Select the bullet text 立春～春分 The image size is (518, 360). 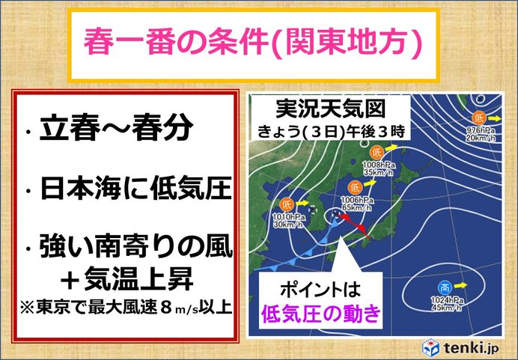pos(116,128)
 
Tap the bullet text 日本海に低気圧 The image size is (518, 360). pos(135,189)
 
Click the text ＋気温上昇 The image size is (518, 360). pos(127,278)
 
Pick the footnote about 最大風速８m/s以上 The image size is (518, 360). pos(126,307)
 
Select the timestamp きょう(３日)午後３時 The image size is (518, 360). pos(332,132)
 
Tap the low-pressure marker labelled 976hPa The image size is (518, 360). pos(478,118)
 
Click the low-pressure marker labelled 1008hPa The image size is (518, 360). pos(377,152)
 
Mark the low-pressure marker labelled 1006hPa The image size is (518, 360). pos(355,188)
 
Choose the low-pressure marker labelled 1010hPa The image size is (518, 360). pos(287,204)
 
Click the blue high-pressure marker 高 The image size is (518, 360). pos(445,287)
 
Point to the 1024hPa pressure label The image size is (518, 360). pos(448,300)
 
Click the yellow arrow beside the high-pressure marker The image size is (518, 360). pos(460,285)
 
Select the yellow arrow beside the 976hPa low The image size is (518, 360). pos(495,118)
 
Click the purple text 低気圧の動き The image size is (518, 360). pos(321,313)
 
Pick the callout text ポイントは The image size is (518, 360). pos(320,290)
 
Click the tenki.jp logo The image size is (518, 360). pos(460,347)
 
